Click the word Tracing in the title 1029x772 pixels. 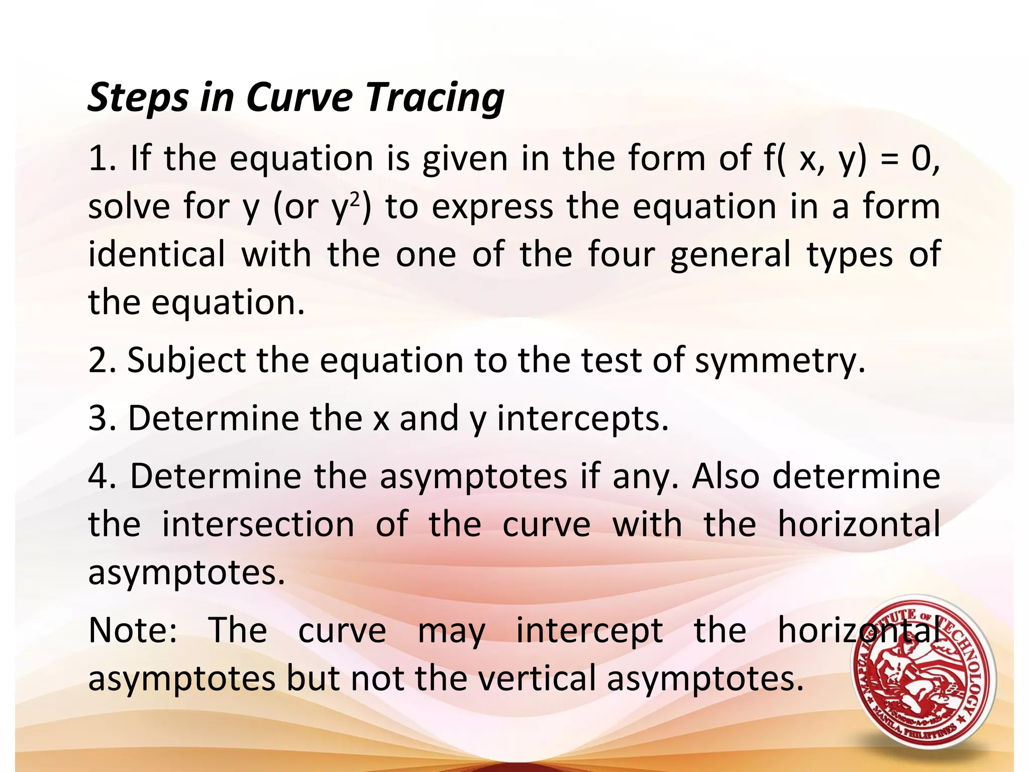click(435, 98)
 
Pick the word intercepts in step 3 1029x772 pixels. click(583, 419)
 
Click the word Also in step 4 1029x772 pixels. click(725, 476)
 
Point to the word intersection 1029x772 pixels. click(258, 524)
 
